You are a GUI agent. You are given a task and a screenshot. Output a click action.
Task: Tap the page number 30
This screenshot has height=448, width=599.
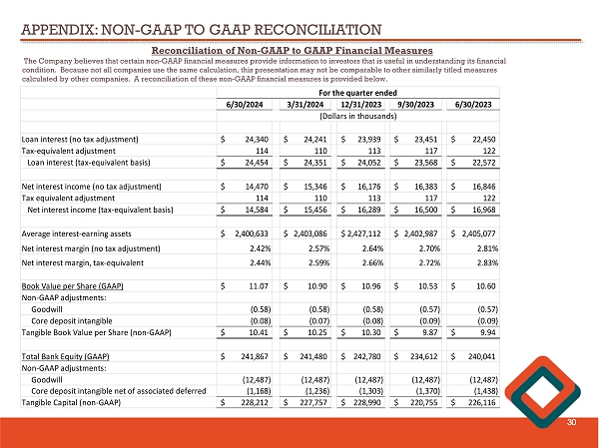click(x=573, y=422)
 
